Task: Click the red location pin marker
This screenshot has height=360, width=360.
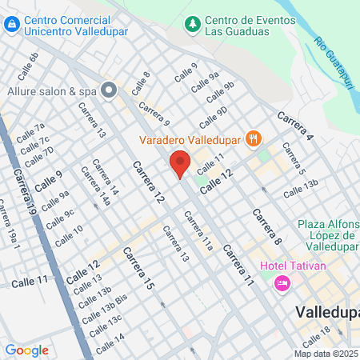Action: coord(180,163)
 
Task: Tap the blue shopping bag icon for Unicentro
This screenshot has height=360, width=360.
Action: coord(11,25)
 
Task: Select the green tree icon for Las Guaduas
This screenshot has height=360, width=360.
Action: coord(191,25)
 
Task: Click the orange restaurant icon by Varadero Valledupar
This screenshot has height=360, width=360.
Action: coord(254,138)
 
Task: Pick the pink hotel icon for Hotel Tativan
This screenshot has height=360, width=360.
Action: coord(282,282)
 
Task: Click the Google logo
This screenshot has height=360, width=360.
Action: coord(26,350)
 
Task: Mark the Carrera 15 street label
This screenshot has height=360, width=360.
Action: coord(138,268)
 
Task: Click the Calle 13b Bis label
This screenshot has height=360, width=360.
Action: coord(103,308)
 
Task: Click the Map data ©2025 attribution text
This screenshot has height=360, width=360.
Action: coord(326,354)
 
